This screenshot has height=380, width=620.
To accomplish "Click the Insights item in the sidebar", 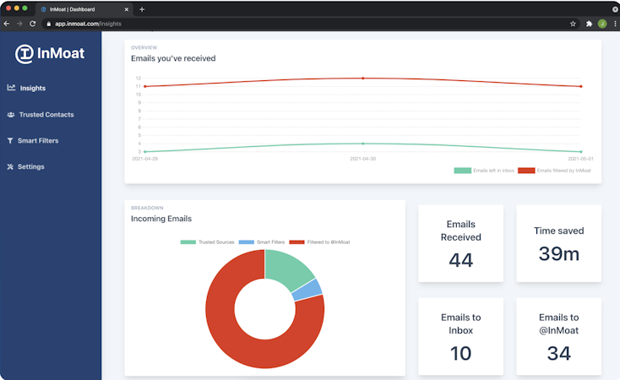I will point(33,88).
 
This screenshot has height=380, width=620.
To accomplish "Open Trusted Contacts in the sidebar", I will point(46,114).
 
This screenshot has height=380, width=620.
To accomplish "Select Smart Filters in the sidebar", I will point(38,140).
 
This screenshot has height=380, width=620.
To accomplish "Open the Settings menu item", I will point(30,166).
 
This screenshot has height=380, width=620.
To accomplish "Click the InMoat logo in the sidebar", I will point(50,54).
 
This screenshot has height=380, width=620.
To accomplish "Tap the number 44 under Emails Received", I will point(460,260).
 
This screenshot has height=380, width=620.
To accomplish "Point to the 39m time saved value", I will point(558,254).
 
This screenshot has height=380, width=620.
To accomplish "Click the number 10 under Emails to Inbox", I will point(460,353).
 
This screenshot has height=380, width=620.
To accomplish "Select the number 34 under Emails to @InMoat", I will point(558,353).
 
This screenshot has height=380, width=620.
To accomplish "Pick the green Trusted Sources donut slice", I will point(289,264).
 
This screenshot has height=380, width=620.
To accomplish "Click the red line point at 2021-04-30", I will point(363,79).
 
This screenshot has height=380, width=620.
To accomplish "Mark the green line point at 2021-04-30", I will point(363,144).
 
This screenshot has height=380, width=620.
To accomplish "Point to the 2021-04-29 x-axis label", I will point(144,158).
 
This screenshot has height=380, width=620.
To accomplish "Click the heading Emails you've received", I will point(173,58).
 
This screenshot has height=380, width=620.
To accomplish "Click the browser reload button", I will point(32,24).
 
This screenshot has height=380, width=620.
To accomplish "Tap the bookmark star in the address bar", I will point(573,24).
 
